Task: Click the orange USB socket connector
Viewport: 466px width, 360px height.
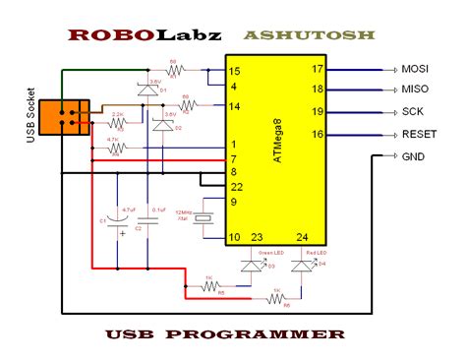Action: pyautogui.click(x=72, y=119)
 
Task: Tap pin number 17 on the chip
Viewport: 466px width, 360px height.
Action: pyautogui.click(x=318, y=70)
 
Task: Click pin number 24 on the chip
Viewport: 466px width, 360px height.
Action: pyautogui.click(x=301, y=236)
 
